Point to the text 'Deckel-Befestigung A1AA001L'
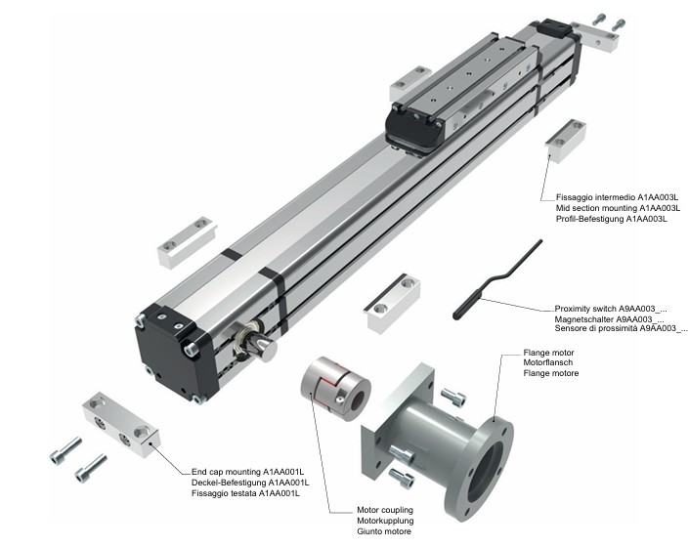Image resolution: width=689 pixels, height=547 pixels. pos(250,484)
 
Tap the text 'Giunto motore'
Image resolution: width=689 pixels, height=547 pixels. pos(358,532)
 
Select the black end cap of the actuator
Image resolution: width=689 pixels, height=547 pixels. pos(174,352)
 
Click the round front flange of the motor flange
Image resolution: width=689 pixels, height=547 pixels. pos(480,470)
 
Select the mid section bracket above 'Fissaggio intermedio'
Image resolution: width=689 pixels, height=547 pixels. pos(566,140)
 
